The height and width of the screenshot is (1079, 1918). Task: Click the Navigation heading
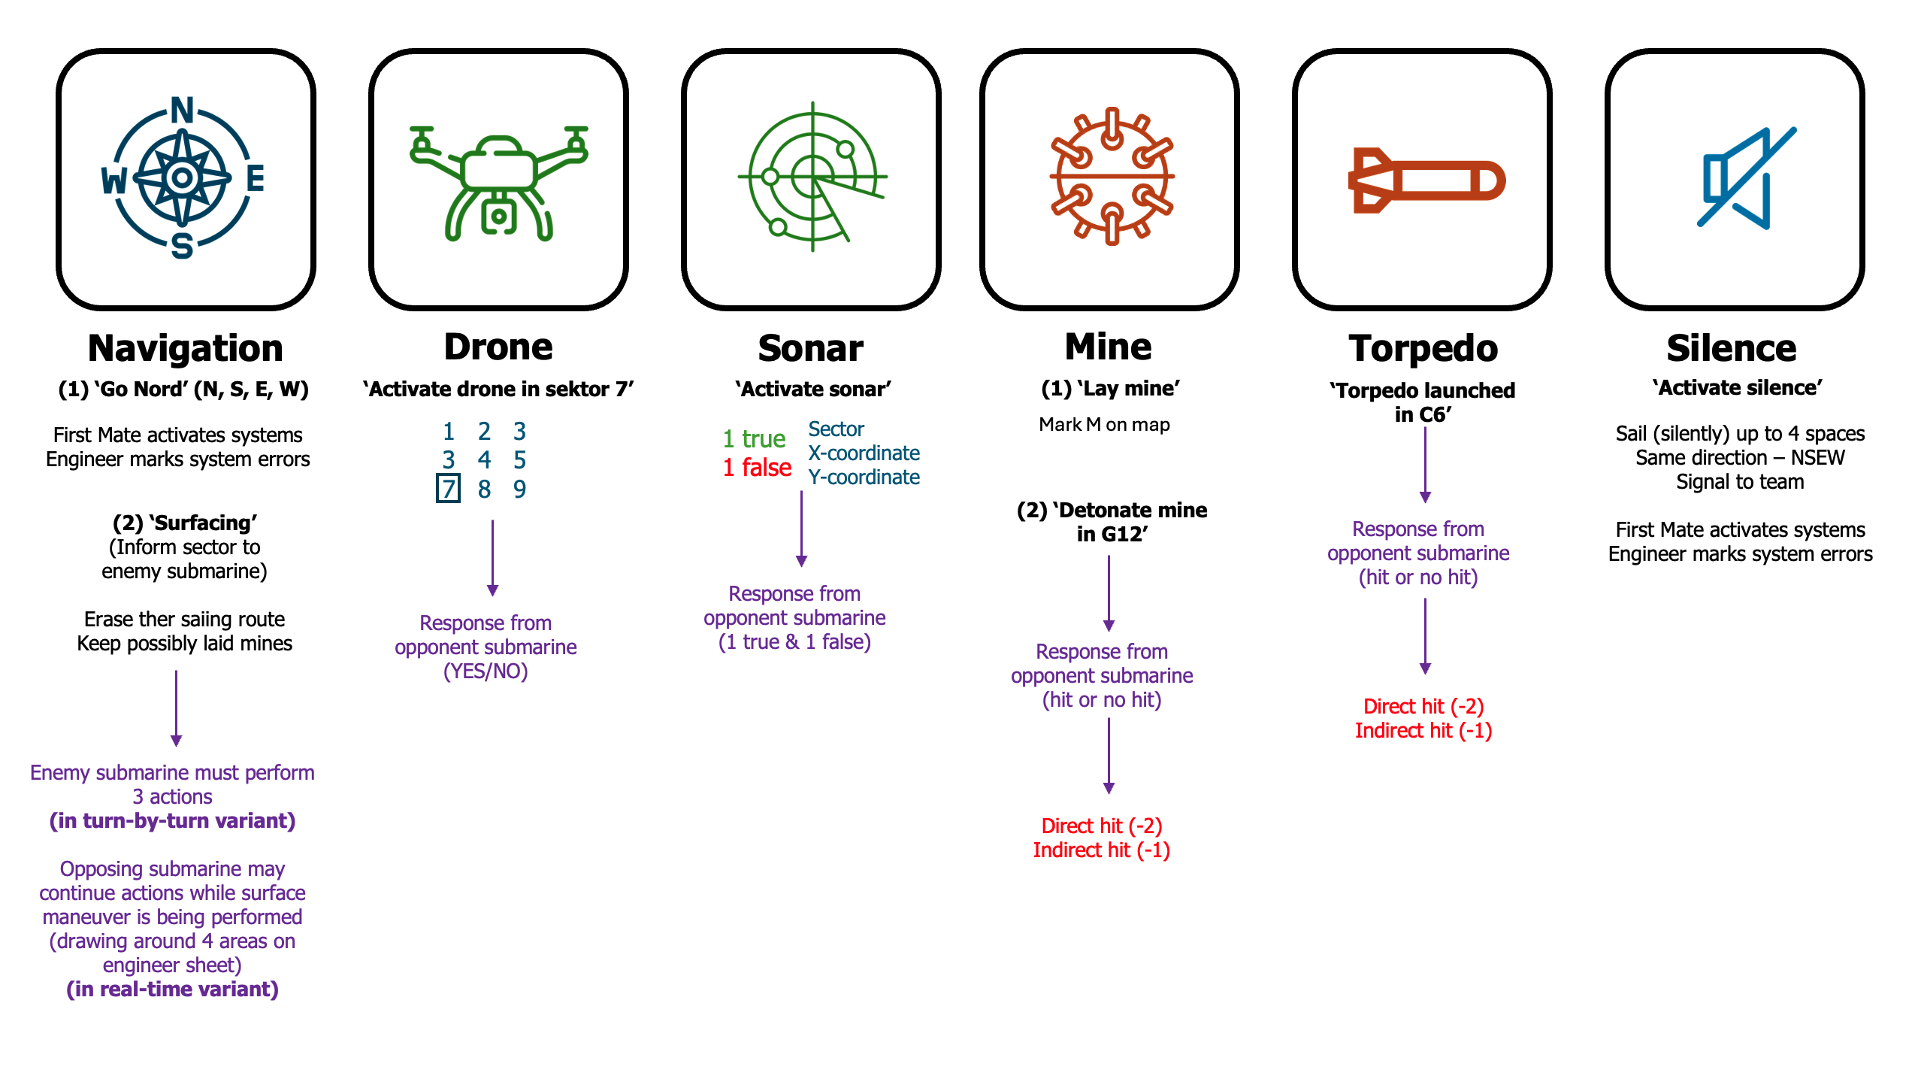coord(186,348)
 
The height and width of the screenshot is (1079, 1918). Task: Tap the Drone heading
coord(498,347)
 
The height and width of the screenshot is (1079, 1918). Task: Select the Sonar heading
coord(810,348)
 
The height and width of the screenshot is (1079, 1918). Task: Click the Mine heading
coord(1108,347)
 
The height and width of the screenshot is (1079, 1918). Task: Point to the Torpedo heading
coord(1423,348)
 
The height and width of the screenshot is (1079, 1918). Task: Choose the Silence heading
coord(1731,348)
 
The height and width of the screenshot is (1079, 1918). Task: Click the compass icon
coord(183,178)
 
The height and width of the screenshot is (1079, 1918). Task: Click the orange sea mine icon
coord(1111,177)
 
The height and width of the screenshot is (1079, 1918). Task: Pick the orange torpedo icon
coord(1426,180)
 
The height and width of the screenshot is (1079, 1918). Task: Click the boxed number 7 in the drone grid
coord(448,489)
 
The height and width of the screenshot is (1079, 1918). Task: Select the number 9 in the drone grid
coord(519,489)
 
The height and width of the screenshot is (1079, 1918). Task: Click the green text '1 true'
coord(754,439)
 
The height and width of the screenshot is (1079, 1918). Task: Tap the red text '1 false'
coord(757,468)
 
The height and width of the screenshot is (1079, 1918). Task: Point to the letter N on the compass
coord(183,111)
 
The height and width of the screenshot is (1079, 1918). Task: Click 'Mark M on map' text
coord(1104,425)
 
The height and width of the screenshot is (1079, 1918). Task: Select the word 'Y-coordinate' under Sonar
coord(864,477)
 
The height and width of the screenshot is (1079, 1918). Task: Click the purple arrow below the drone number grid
coord(492,557)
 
